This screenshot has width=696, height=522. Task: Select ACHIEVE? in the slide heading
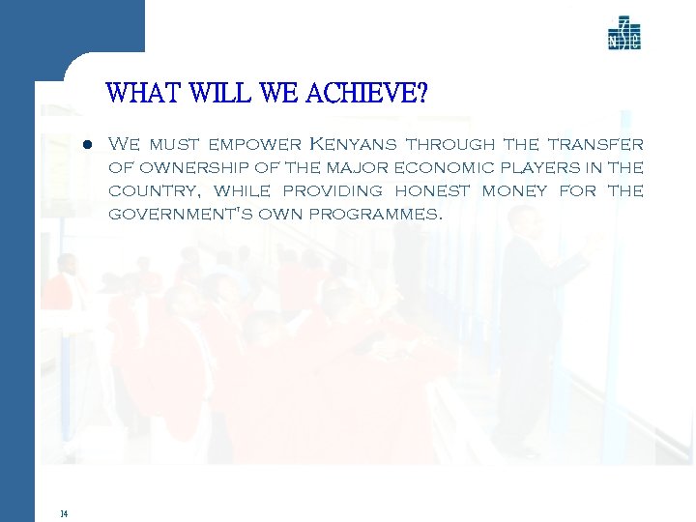click(x=367, y=95)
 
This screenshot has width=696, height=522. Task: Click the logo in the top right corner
click(x=623, y=33)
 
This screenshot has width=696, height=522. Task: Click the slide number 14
click(x=63, y=513)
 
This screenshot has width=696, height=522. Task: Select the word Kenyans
click(x=352, y=145)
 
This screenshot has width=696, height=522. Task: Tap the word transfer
click(x=594, y=145)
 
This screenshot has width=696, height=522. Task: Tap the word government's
click(x=179, y=214)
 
